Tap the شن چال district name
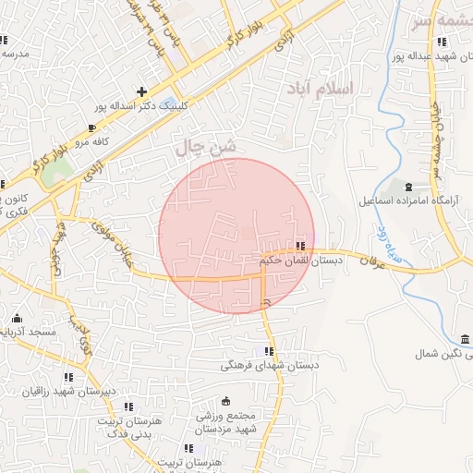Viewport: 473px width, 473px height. click(205, 146)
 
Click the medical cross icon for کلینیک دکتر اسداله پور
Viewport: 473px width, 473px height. click(141, 91)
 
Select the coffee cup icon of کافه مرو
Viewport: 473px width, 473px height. click(91, 127)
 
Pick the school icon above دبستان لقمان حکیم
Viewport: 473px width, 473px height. click(301, 246)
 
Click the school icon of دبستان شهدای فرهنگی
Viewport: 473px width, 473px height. click(269, 351)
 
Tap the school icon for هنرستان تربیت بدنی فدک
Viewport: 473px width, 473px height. click(128, 406)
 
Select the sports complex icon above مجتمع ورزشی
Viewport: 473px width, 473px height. click(225, 402)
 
